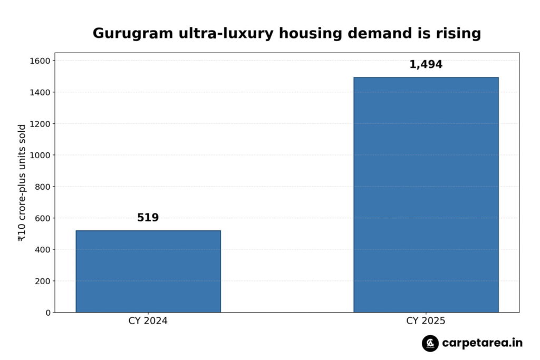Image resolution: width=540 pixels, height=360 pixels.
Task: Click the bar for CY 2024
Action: [148, 271]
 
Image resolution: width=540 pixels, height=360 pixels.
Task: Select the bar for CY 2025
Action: [426, 195]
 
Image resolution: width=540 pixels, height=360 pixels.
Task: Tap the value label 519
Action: [148, 218]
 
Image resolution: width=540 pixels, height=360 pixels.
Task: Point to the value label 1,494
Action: [426, 64]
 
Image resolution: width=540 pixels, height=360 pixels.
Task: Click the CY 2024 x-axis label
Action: [148, 321]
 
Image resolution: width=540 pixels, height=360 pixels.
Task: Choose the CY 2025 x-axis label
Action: [426, 321]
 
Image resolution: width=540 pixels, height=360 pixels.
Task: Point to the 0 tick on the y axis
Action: [48, 313]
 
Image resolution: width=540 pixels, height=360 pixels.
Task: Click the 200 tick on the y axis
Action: [43, 281]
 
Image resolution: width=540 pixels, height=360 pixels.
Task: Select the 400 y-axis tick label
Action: [43, 249]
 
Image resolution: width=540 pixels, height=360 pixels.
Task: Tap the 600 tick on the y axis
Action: [43, 218]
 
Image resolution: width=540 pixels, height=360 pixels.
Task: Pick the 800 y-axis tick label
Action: [43, 187]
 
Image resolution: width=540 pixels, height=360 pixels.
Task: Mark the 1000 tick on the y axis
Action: [40, 155]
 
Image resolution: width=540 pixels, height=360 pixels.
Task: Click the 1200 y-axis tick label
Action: [40, 124]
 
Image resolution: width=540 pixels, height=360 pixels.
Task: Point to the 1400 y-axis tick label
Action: [40, 92]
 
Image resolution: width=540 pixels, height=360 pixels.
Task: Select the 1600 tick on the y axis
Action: [40, 61]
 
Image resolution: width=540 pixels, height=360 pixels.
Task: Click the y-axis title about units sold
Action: [21, 183]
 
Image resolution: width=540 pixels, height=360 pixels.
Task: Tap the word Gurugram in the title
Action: [133, 34]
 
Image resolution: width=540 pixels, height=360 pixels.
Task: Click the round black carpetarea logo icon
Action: [430, 343]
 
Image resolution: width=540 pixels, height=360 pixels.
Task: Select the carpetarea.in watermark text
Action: [482, 343]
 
